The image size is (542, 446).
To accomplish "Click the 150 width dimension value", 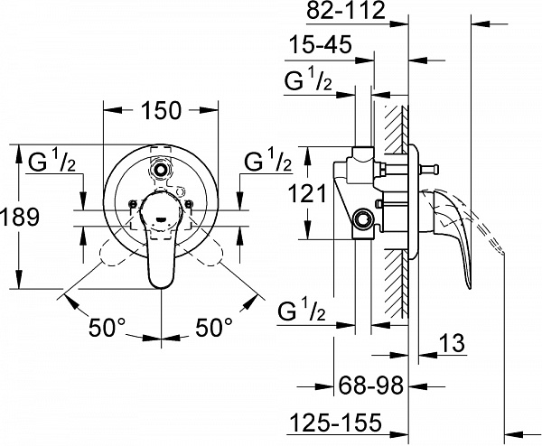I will point(163,110).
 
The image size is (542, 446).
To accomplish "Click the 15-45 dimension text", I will point(321,46).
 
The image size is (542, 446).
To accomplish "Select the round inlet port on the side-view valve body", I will point(364,218).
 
